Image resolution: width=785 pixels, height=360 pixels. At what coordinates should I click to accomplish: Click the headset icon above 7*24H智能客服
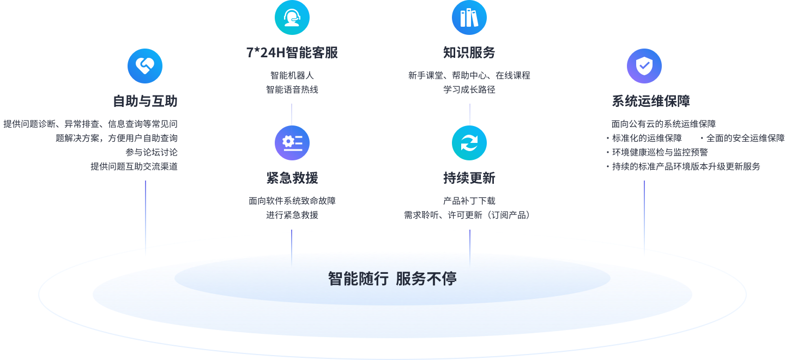(292, 17)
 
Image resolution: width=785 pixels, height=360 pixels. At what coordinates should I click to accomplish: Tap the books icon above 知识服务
(469, 17)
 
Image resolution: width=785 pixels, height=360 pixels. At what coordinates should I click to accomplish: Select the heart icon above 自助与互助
(145, 66)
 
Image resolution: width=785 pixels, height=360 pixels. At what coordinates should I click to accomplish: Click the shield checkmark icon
(644, 66)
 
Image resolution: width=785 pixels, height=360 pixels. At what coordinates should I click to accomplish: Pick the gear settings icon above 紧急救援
(292, 143)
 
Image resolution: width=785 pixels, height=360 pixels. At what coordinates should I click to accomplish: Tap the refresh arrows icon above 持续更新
(469, 143)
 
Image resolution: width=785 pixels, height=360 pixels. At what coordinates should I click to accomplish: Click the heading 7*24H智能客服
(292, 53)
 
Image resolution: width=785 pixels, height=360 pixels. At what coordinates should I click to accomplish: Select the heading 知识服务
(469, 53)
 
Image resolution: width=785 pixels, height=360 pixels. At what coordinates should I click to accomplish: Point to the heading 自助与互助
(145, 101)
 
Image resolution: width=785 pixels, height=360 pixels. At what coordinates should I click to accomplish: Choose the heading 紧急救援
(292, 178)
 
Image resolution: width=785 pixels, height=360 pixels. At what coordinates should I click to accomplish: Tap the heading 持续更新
(469, 178)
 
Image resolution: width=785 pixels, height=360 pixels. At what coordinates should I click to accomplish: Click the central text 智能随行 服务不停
(392, 279)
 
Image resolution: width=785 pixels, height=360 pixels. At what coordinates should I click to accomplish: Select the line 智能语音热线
(292, 89)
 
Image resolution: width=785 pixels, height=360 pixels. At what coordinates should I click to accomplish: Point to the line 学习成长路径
(469, 89)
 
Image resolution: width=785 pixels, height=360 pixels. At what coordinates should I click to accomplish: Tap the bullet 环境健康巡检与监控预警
(660, 152)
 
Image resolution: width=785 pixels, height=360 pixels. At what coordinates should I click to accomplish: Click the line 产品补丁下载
(469, 201)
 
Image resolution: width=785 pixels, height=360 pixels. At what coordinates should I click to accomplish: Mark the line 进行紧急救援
(292, 215)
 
